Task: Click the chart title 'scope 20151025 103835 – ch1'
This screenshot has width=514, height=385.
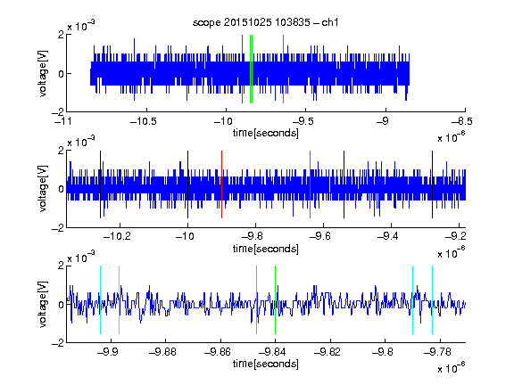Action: (x=265, y=22)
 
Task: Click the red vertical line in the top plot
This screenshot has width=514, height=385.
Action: (x=242, y=70)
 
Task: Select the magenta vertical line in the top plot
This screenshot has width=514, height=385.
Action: (x=283, y=70)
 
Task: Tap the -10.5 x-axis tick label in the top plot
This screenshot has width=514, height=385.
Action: (x=144, y=122)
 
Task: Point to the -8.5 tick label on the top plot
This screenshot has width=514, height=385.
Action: (x=462, y=122)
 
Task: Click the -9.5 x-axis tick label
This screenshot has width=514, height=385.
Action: (x=303, y=122)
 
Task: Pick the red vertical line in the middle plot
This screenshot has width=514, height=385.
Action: (x=221, y=184)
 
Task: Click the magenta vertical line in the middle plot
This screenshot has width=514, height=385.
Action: (x=310, y=184)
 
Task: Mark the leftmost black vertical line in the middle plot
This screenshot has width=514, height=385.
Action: (x=100, y=184)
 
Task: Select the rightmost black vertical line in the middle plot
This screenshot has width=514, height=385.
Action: (x=432, y=184)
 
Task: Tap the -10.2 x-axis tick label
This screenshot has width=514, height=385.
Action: (x=117, y=236)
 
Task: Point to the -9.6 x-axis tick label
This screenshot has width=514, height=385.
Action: (x=320, y=236)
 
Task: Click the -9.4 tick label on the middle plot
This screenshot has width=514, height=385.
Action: (x=388, y=236)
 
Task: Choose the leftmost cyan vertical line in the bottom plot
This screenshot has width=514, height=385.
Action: (x=100, y=299)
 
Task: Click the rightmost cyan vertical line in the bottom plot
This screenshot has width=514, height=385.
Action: (x=432, y=299)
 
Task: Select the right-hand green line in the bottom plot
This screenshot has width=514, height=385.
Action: (x=275, y=299)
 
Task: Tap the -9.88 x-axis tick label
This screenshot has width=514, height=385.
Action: (x=162, y=352)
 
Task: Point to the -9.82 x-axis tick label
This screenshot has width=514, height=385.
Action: (x=327, y=352)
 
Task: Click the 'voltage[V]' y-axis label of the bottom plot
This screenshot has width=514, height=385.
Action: (x=43, y=305)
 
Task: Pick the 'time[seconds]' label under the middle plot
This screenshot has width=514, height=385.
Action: (x=266, y=249)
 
